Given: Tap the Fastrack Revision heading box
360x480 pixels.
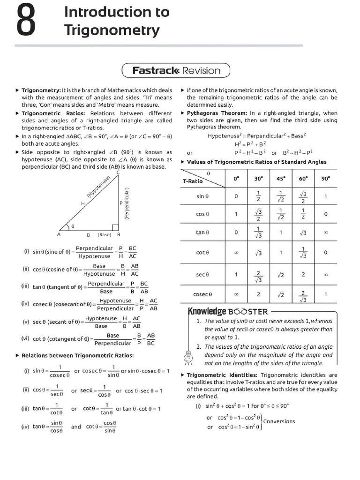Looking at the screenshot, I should tap(176, 71).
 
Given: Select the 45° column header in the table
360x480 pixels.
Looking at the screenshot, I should tap(280, 179).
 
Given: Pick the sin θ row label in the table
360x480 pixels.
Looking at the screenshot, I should tap(202, 196).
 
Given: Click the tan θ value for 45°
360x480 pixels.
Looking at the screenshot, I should tap(280, 232).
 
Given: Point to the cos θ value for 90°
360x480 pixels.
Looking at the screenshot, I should tap(325, 214).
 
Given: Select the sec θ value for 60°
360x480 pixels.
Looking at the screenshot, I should tap(303, 274).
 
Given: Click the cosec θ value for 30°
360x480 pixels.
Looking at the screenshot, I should tap(258, 295).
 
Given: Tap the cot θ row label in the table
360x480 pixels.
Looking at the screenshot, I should tap(202, 253).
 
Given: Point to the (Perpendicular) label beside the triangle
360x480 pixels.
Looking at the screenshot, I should tap(127, 203).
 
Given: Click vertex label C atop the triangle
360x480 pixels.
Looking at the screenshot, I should tap(118, 173).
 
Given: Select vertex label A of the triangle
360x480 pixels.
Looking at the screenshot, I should tap(59, 234).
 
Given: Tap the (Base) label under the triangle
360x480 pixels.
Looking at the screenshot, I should tap(105, 234).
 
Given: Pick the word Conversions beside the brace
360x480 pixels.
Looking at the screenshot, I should tap(279, 421).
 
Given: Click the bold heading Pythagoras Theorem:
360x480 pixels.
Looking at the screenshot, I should tap(217, 113).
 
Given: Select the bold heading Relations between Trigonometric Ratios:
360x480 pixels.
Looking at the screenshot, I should tap(78, 356).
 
